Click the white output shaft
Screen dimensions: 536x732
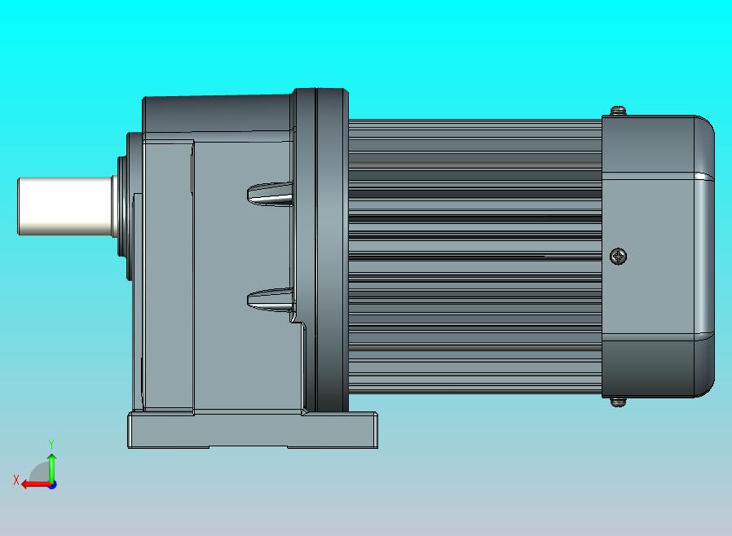click(65, 207)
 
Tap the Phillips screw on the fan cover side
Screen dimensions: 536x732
click(619, 257)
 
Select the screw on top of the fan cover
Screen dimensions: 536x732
click(619, 109)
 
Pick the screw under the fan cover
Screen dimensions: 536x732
click(619, 401)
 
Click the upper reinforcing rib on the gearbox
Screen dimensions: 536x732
click(270, 194)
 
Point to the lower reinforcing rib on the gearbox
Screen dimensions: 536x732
click(270, 299)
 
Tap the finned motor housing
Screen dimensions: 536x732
click(473, 253)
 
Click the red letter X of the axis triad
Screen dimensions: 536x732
click(15, 480)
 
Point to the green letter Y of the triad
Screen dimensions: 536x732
click(51, 444)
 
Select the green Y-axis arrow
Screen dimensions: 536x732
click(51, 466)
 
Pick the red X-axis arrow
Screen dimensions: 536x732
click(33, 484)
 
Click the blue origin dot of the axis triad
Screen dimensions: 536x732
click(52, 485)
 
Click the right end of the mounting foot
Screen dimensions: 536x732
click(372, 430)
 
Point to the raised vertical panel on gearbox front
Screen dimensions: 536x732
click(168, 277)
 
